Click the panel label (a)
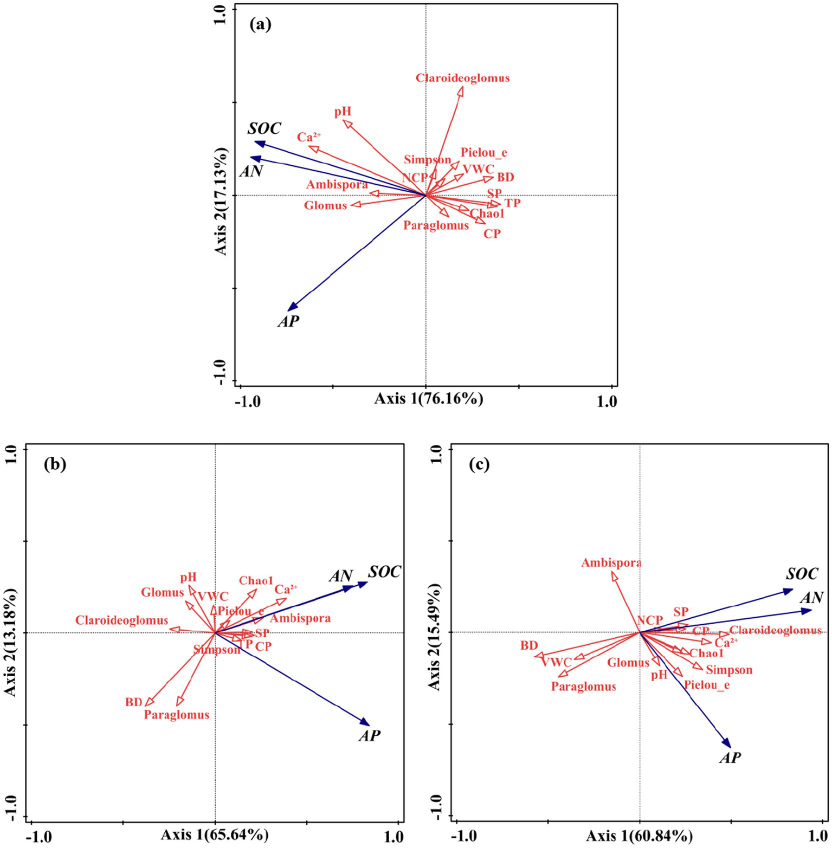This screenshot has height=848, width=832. (260, 25)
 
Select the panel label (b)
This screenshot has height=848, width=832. (55, 464)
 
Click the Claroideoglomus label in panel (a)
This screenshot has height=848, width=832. (462, 78)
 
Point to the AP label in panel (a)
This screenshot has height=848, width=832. (288, 321)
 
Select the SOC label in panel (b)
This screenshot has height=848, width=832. (384, 572)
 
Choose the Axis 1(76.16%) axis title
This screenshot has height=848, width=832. (428, 399)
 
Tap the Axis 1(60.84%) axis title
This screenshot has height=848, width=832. (639, 836)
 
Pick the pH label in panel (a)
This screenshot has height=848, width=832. (343, 112)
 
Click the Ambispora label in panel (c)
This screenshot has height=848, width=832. (611, 563)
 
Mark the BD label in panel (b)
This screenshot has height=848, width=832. (133, 702)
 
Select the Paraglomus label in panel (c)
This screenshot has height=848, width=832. (583, 687)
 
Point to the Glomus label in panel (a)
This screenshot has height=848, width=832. (325, 205)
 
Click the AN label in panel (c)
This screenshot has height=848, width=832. (811, 598)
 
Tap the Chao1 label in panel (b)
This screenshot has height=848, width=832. (256, 581)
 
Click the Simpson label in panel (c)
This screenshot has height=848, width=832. (728, 670)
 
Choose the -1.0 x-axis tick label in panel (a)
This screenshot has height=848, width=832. (247, 402)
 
